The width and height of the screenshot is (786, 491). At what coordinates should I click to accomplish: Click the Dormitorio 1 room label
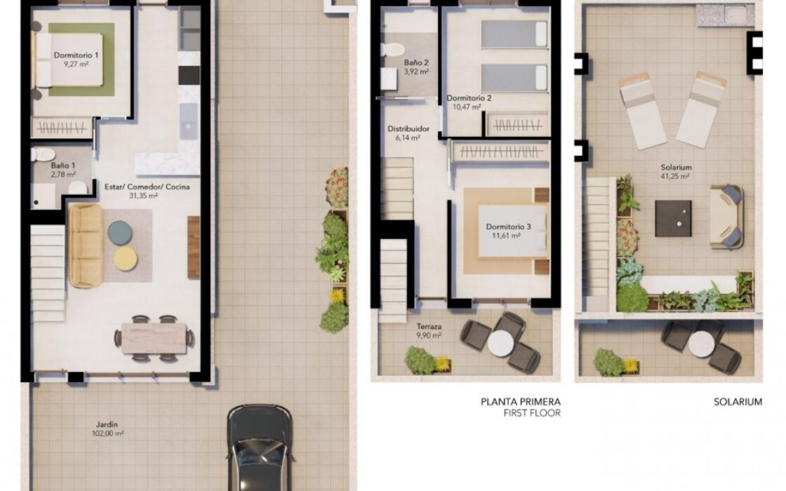click(x=76, y=55)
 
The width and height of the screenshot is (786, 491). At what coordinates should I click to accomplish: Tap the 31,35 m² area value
click(x=143, y=196)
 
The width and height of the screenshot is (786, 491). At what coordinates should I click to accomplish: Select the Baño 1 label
click(x=63, y=166)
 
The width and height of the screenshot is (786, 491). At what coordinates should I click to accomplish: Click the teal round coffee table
click(x=120, y=233)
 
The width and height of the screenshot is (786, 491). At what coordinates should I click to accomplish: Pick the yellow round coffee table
click(x=126, y=259)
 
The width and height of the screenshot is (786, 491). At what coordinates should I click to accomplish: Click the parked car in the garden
click(x=260, y=448)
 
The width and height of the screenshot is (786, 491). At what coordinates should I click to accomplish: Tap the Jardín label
click(x=107, y=425)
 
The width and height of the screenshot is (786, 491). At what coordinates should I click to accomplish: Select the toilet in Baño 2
click(x=392, y=49)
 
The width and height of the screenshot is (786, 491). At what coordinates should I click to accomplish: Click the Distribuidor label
click(x=408, y=129)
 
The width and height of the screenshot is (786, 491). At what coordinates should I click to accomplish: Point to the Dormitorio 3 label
click(x=508, y=227)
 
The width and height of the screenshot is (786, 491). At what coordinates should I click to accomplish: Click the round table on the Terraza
click(x=501, y=344)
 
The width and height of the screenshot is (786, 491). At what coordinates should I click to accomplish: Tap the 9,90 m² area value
click(x=429, y=336)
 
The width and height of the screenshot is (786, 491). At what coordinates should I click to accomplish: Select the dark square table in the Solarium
click(x=673, y=218)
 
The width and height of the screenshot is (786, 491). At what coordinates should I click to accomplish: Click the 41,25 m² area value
click(x=675, y=176)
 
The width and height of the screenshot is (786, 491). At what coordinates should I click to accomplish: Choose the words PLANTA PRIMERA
click(x=521, y=402)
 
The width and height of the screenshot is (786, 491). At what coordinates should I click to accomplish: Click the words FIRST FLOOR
click(x=533, y=413)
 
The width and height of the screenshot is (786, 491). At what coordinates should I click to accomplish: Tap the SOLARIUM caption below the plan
click(x=738, y=402)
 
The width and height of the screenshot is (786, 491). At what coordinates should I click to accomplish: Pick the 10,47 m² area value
click(x=467, y=107)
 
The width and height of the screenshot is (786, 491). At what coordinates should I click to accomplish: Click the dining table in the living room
click(x=154, y=337)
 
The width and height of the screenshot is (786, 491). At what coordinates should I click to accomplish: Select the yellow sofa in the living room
click(x=86, y=245)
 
